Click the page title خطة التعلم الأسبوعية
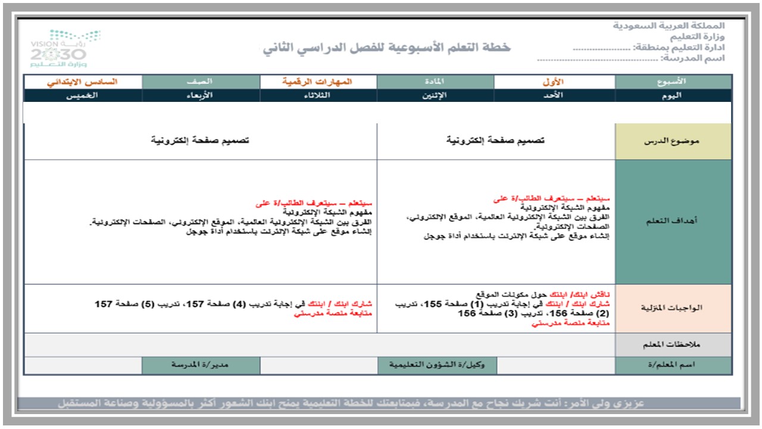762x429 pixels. (387, 48)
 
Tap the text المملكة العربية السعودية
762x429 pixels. (669, 26)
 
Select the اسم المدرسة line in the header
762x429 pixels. (631, 58)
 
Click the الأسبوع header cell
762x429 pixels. (673, 82)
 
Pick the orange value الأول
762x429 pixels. (554, 82)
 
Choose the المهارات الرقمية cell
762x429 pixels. (318, 82)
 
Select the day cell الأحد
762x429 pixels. (554, 95)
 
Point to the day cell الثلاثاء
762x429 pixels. (318, 95)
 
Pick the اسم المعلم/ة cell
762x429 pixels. (673, 365)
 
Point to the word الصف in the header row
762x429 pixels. (201, 82)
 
